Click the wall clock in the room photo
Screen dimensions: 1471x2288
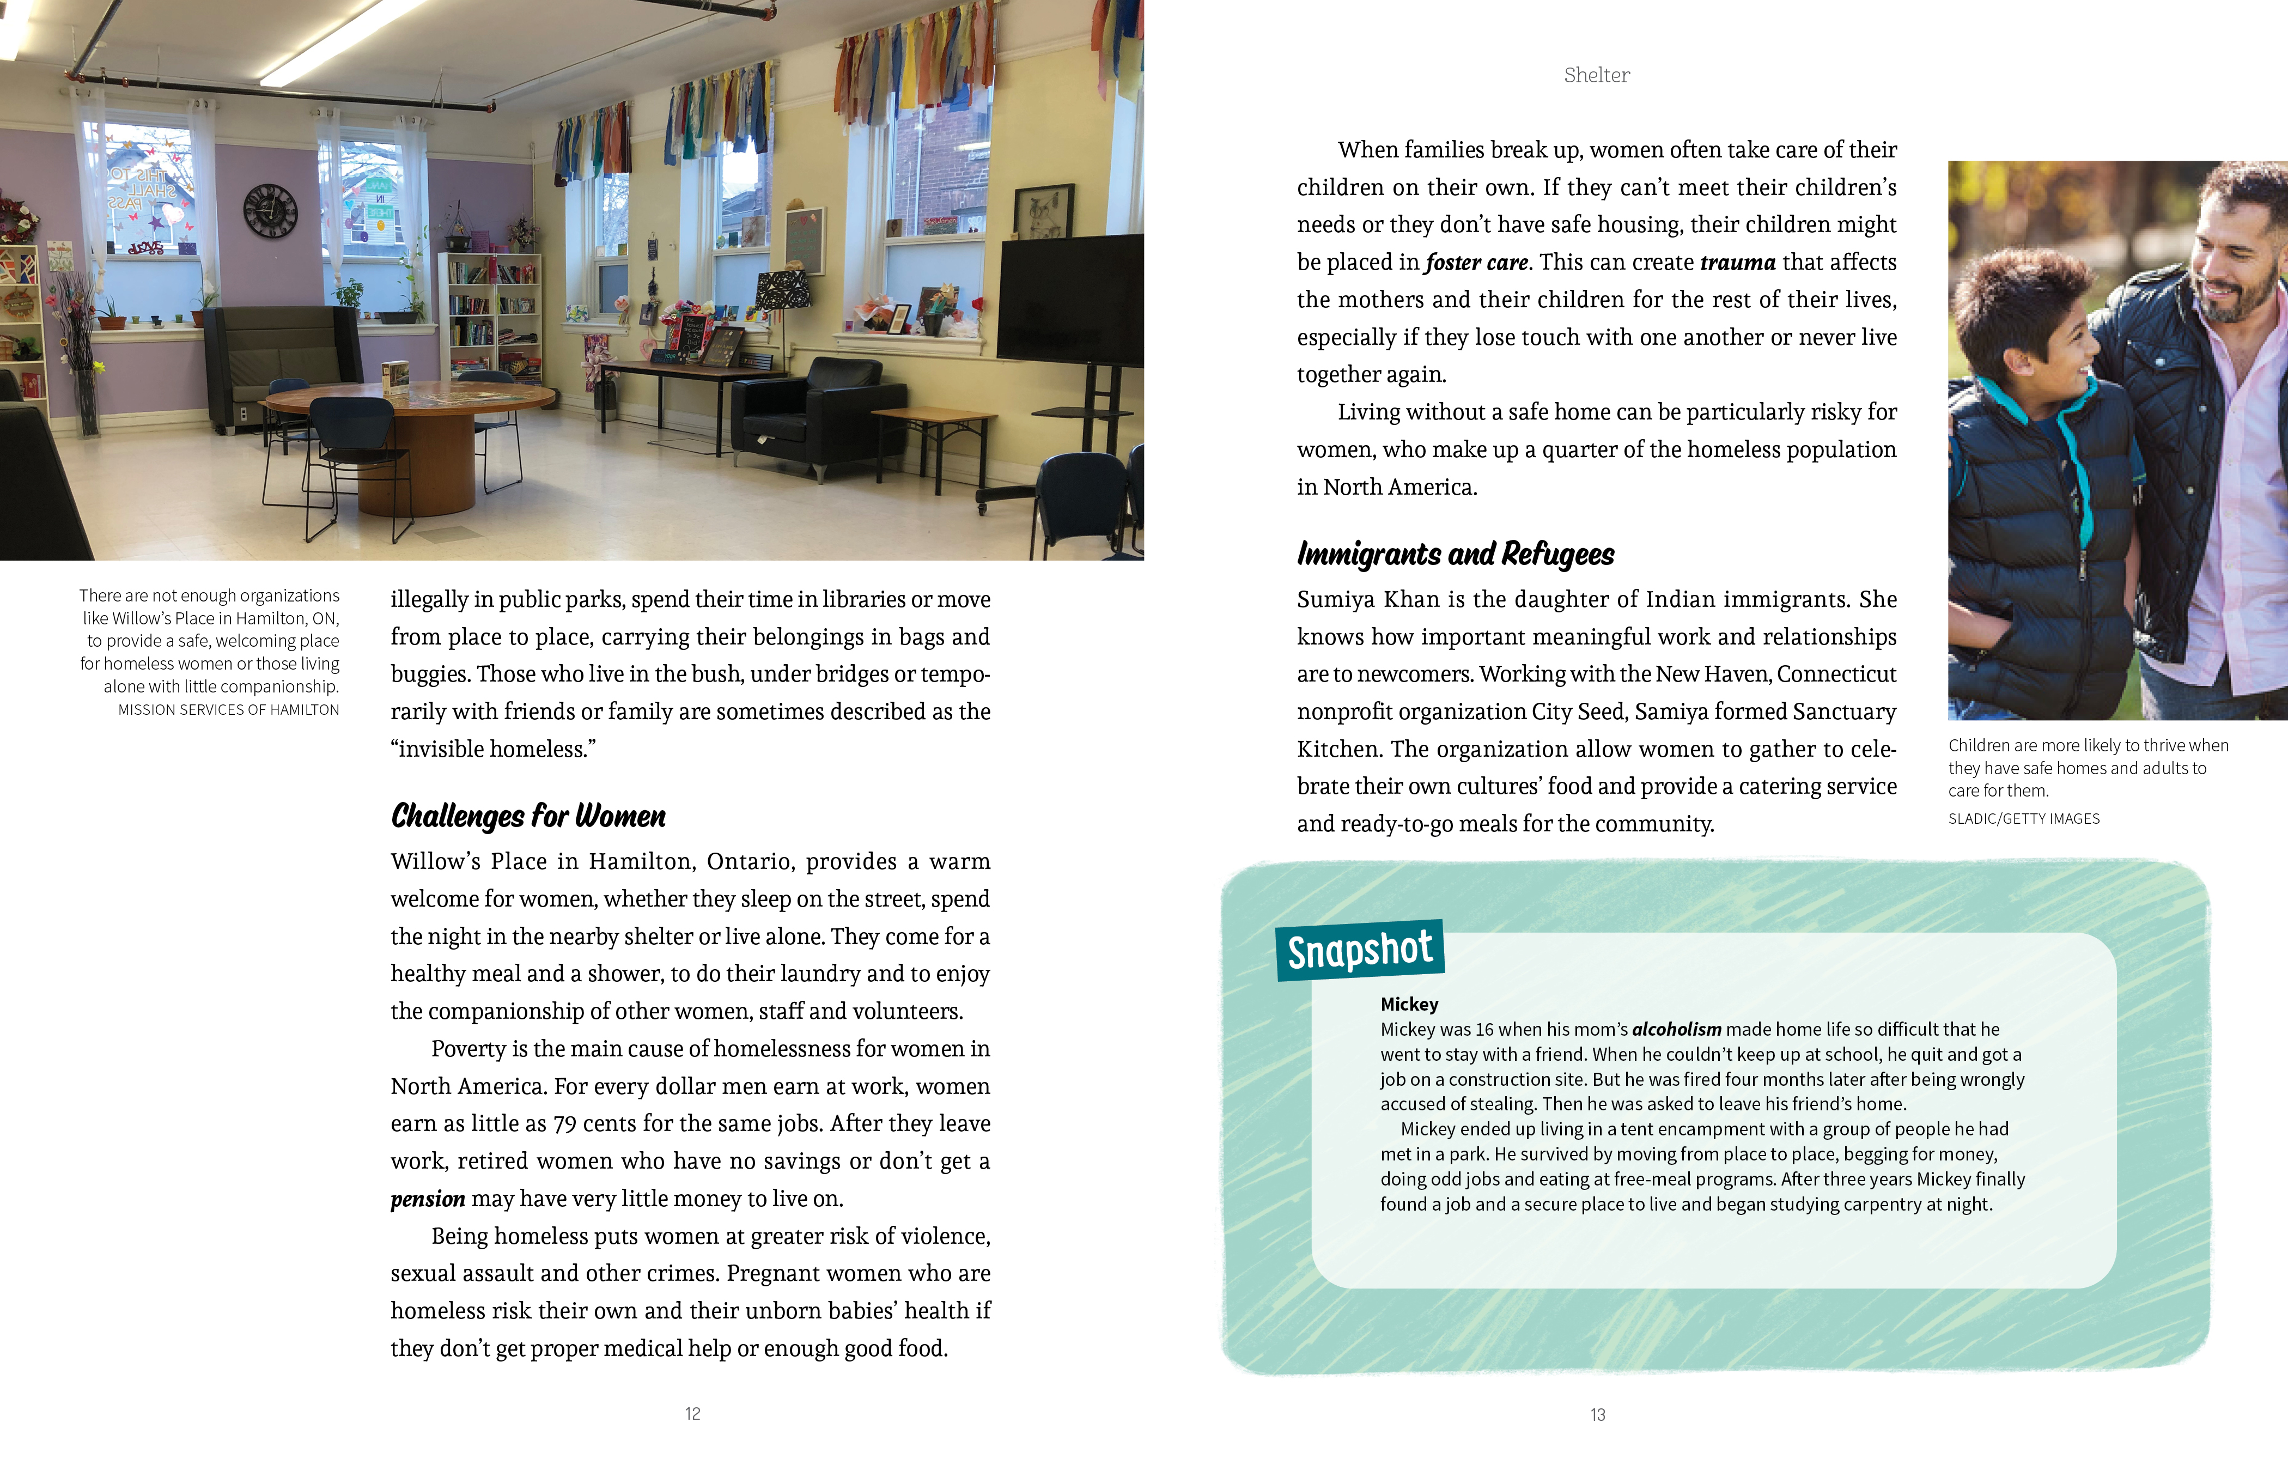tap(270, 211)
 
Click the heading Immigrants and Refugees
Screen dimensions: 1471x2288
tap(1455, 554)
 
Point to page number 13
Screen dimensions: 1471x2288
tap(1598, 1415)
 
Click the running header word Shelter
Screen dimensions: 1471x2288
tap(1597, 76)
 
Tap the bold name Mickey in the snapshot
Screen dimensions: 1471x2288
tap(1409, 1004)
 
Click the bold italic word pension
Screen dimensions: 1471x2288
tap(428, 1199)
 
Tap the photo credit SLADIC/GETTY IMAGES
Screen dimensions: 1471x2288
tap(2023, 819)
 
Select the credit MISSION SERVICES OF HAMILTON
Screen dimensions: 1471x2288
tap(228, 710)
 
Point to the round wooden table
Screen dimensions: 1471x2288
tap(411, 411)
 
